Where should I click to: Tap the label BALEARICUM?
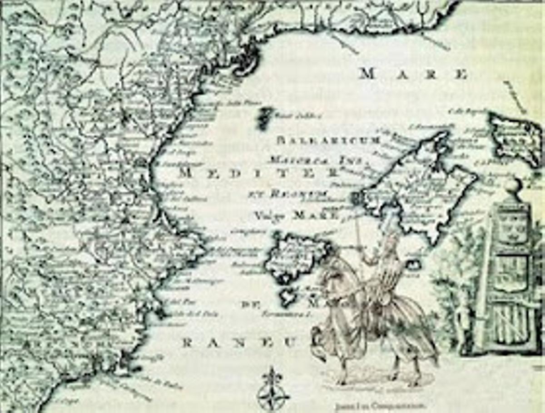(328, 140)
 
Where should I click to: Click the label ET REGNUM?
(288, 194)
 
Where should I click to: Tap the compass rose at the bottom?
(273, 391)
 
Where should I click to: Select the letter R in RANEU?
(187, 343)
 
